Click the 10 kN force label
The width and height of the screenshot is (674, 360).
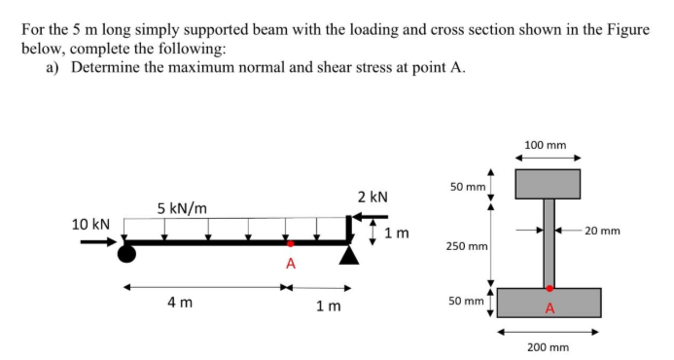pyautogui.click(x=91, y=224)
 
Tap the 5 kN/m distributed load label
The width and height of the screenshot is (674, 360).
pyautogui.click(x=181, y=208)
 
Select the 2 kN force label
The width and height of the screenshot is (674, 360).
pyautogui.click(x=373, y=197)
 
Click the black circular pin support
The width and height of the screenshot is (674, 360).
pyautogui.click(x=125, y=254)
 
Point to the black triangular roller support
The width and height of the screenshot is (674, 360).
pyautogui.click(x=349, y=255)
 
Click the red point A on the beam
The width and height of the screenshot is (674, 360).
pyautogui.click(x=289, y=243)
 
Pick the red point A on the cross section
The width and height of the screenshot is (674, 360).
pyautogui.click(x=550, y=288)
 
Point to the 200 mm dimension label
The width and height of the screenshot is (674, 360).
pyautogui.click(x=547, y=346)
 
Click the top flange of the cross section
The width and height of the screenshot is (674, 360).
pyautogui.click(x=548, y=184)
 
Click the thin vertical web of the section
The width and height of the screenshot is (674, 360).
pyautogui.click(x=549, y=243)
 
